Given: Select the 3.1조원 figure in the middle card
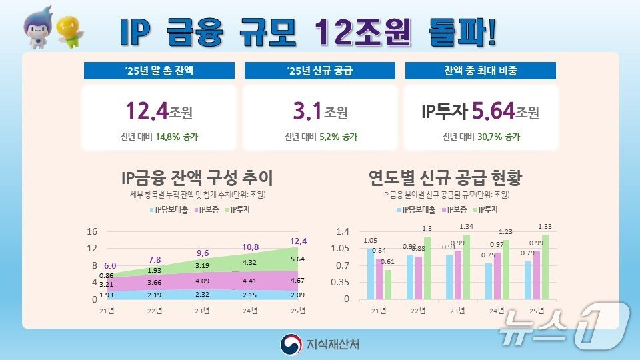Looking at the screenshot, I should tap(320, 111).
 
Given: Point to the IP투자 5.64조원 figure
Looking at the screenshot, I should tap(480, 111).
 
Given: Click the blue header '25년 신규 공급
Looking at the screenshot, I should tap(320, 71).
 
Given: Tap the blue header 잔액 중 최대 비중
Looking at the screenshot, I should tap(480, 71).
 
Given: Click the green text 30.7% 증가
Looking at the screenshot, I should tap(503, 137).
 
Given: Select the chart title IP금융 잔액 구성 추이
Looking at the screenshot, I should tap(197, 178).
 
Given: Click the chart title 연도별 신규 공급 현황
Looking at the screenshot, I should tap(445, 178).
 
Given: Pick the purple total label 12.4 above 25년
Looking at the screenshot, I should tap(298, 241).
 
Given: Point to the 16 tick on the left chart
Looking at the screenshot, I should tap(93, 231).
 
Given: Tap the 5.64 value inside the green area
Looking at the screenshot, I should tap(298, 259).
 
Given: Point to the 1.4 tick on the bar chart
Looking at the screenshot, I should tap(343, 231).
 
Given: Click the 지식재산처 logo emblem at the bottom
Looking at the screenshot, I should tap(291, 344).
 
